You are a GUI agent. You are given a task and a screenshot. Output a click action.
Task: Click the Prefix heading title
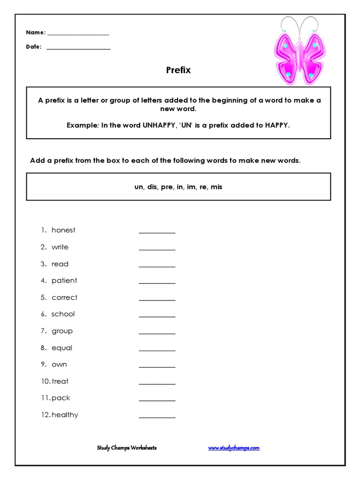(178, 70)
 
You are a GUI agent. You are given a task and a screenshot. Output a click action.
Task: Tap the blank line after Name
(78, 34)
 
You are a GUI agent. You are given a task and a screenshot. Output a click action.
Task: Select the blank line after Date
(78, 48)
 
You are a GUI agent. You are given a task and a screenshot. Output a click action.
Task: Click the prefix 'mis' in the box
(216, 187)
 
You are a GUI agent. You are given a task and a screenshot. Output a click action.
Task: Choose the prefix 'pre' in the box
(167, 187)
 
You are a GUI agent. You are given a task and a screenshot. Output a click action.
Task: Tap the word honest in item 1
(63, 230)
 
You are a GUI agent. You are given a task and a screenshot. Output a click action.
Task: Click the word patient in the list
(64, 280)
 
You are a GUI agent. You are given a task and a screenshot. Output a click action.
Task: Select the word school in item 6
(63, 314)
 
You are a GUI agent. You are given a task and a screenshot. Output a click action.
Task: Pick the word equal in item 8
(62, 347)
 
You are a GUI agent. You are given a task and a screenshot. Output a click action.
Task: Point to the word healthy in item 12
(65, 414)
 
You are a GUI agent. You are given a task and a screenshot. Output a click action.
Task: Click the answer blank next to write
(157, 249)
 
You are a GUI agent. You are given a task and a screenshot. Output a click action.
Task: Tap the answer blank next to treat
(157, 383)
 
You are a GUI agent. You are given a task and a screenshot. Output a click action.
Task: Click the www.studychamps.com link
(233, 448)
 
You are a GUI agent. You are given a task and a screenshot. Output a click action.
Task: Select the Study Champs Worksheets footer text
(127, 448)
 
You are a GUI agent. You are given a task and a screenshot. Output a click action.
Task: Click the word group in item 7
(62, 331)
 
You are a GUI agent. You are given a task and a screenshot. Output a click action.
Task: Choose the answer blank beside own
(157, 366)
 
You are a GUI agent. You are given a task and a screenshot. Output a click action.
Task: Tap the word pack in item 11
(61, 397)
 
